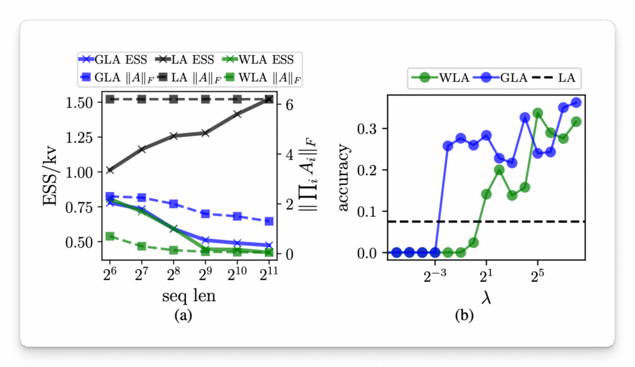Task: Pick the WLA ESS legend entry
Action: click(x=260, y=60)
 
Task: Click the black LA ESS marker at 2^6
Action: click(x=110, y=170)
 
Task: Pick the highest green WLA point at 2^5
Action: click(x=538, y=113)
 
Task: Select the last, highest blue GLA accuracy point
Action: click(x=576, y=102)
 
